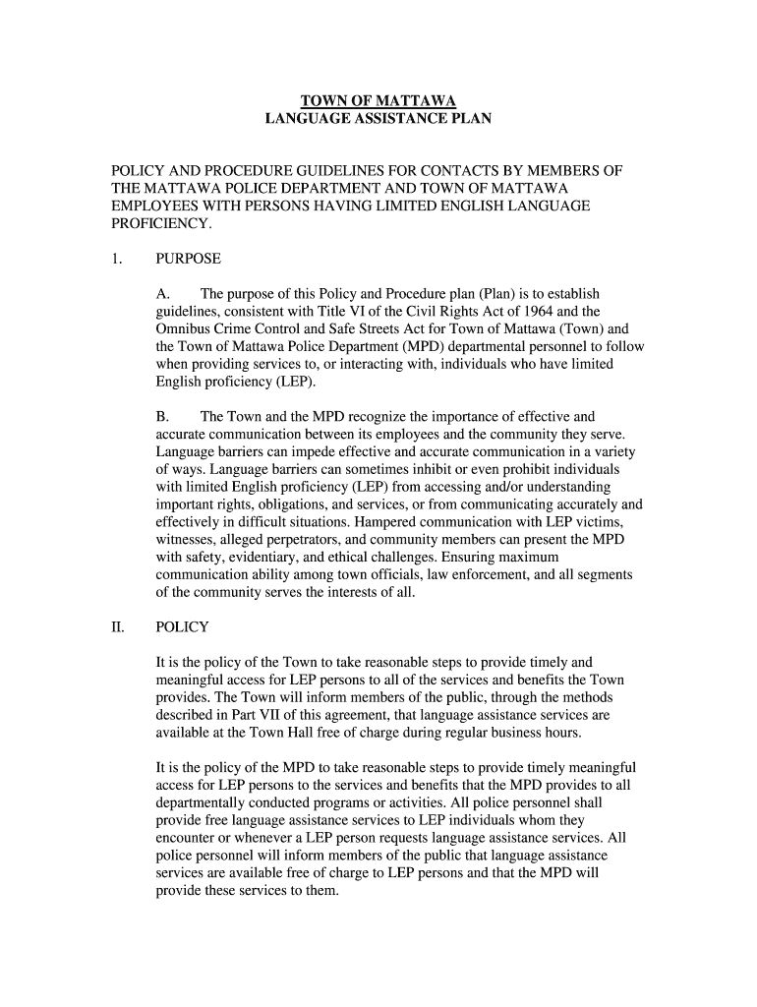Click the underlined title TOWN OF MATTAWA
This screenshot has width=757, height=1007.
(x=378, y=100)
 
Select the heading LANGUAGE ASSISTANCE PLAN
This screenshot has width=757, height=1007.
(x=378, y=119)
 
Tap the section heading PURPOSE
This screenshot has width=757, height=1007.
(x=188, y=260)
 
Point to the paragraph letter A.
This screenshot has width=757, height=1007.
(x=164, y=294)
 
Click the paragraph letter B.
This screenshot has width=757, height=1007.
(x=164, y=417)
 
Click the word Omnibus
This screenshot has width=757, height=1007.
(x=186, y=329)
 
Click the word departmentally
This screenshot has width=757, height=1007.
(x=205, y=801)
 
